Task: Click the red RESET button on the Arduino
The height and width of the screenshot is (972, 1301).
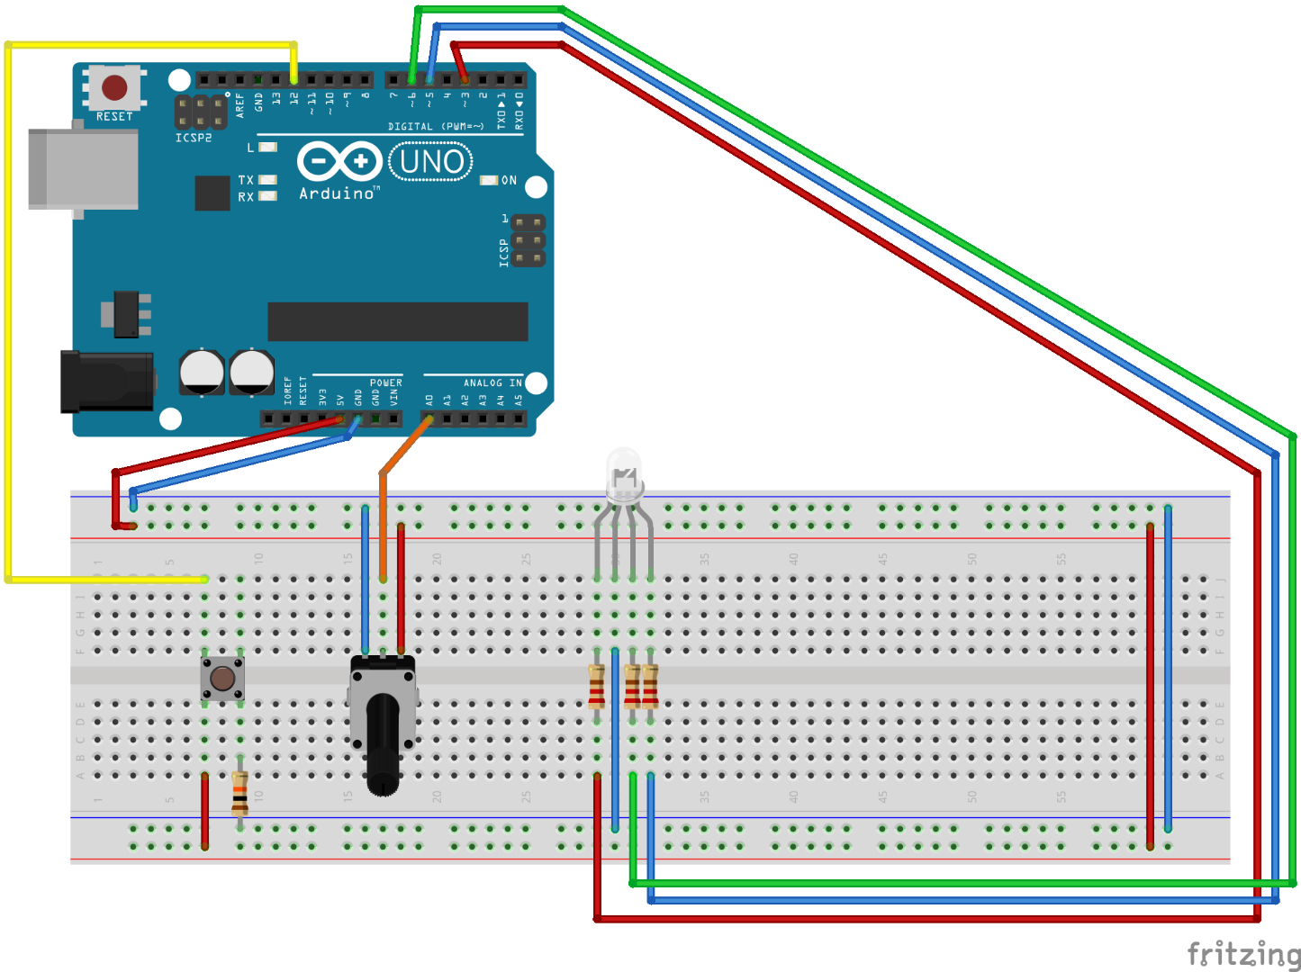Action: click(x=114, y=87)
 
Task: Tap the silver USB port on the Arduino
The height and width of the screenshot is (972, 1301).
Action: click(x=83, y=169)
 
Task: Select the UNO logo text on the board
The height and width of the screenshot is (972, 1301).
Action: click(x=432, y=162)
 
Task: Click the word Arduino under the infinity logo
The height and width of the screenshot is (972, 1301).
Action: click(x=337, y=193)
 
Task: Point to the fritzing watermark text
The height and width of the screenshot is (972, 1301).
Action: click(x=1243, y=953)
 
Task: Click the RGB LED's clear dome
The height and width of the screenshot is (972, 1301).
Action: click(x=624, y=472)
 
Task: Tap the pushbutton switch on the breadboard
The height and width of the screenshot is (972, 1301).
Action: click(x=222, y=678)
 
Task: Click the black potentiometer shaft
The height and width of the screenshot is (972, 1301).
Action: click(x=383, y=742)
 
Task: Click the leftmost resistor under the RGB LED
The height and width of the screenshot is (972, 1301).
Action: click(x=596, y=687)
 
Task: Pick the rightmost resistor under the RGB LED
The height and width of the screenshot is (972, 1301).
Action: click(x=650, y=687)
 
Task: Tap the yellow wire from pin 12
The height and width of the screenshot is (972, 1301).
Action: click(x=7, y=315)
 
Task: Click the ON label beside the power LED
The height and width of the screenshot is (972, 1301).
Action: click(x=509, y=181)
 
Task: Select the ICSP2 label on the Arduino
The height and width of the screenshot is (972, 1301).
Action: click(x=194, y=138)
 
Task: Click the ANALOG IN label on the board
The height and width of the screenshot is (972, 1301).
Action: click(x=492, y=383)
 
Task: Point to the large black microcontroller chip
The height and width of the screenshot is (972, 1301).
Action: click(x=397, y=321)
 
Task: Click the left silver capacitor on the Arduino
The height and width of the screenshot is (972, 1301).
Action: click(x=202, y=372)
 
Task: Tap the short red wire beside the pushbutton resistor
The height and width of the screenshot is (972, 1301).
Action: click(x=204, y=810)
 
